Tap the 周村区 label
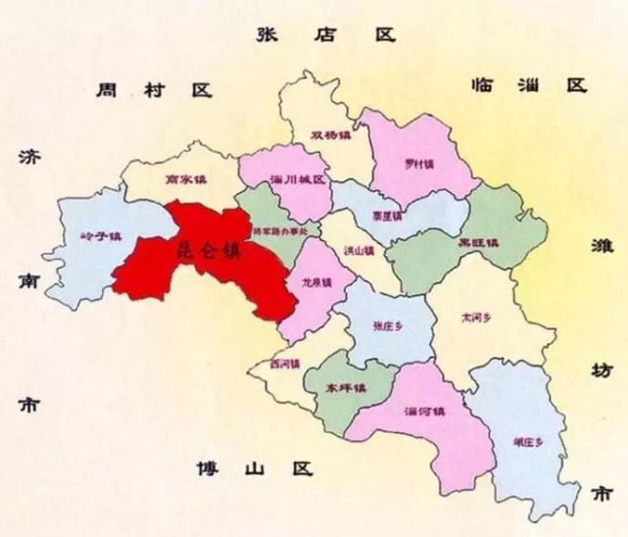[x=155, y=90]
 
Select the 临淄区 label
[x=528, y=85]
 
